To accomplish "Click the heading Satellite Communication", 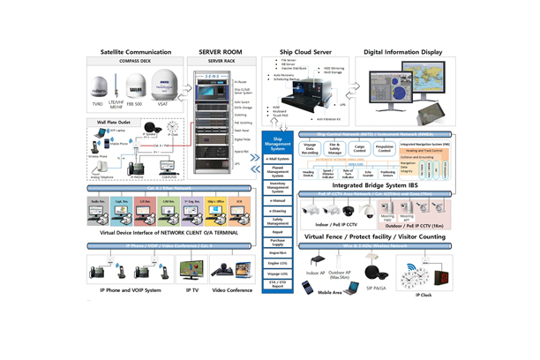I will click(136, 52).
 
